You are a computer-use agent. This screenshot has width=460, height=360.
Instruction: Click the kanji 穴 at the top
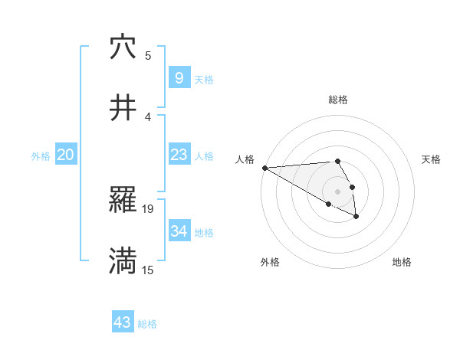(x=123, y=47)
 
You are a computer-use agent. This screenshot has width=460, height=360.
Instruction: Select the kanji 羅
(x=123, y=201)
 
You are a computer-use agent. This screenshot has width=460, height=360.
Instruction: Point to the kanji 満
(x=123, y=261)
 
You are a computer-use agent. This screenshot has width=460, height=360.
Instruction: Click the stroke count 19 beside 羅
(x=149, y=208)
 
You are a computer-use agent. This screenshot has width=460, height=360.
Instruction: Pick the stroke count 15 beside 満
(x=149, y=270)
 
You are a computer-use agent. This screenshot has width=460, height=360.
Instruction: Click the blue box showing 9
(x=179, y=77)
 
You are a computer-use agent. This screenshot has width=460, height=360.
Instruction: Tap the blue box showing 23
(x=179, y=155)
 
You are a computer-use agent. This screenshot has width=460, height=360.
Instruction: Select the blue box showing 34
(x=179, y=231)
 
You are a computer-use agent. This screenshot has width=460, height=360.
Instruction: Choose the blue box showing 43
(x=122, y=322)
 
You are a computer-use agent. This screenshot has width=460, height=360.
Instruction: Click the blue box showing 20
(x=66, y=155)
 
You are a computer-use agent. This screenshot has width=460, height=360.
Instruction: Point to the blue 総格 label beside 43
(x=147, y=324)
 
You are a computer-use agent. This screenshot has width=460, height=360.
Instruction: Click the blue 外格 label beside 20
(x=41, y=156)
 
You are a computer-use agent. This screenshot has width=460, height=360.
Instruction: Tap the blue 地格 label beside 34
(x=204, y=233)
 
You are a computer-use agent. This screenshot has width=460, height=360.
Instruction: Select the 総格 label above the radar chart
(x=337, y=100)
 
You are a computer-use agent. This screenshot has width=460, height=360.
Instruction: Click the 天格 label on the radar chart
(x=431, y=159)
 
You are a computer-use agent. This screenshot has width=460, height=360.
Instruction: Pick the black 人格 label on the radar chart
(x=244, y=159)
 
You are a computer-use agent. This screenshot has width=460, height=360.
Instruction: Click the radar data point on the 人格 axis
(x=264, y=168)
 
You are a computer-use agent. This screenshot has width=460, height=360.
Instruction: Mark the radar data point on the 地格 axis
(x=356, y=218)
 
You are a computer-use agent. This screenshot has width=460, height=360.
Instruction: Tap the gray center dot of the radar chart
(x=337, y=191)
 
